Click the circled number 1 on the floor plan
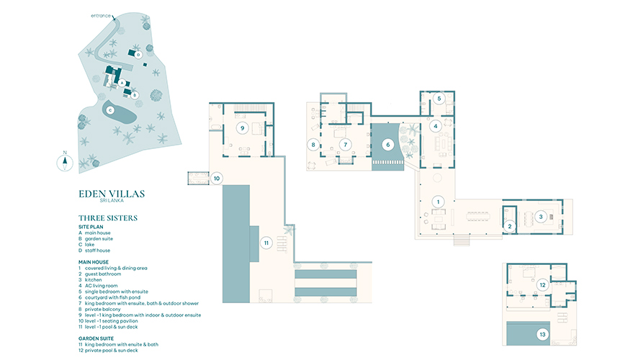tap(438, 202)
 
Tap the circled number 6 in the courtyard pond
tap(388, 144)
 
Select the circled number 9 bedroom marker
tap(243, 128)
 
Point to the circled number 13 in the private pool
tap(542, 335)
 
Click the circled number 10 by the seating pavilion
tap(217, 178)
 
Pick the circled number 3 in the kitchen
tap(541, 217)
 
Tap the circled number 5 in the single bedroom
tap(439, 99)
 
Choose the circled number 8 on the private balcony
tap(313, 145)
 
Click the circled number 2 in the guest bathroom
tap(510, 226)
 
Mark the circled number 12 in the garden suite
tap(542, 285)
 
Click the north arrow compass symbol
tap(65, 162)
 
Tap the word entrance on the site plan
tap(101, 16)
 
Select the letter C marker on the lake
tap(110, 110)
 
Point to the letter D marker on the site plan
tap(138, 54)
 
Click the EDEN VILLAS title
tap(112, 194)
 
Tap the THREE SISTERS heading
tap(108, 218)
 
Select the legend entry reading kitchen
tap(93, 280)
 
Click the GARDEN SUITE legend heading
tap(96, 338)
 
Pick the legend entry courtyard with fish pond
tap(112, 297)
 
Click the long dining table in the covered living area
tap(478, 216)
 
